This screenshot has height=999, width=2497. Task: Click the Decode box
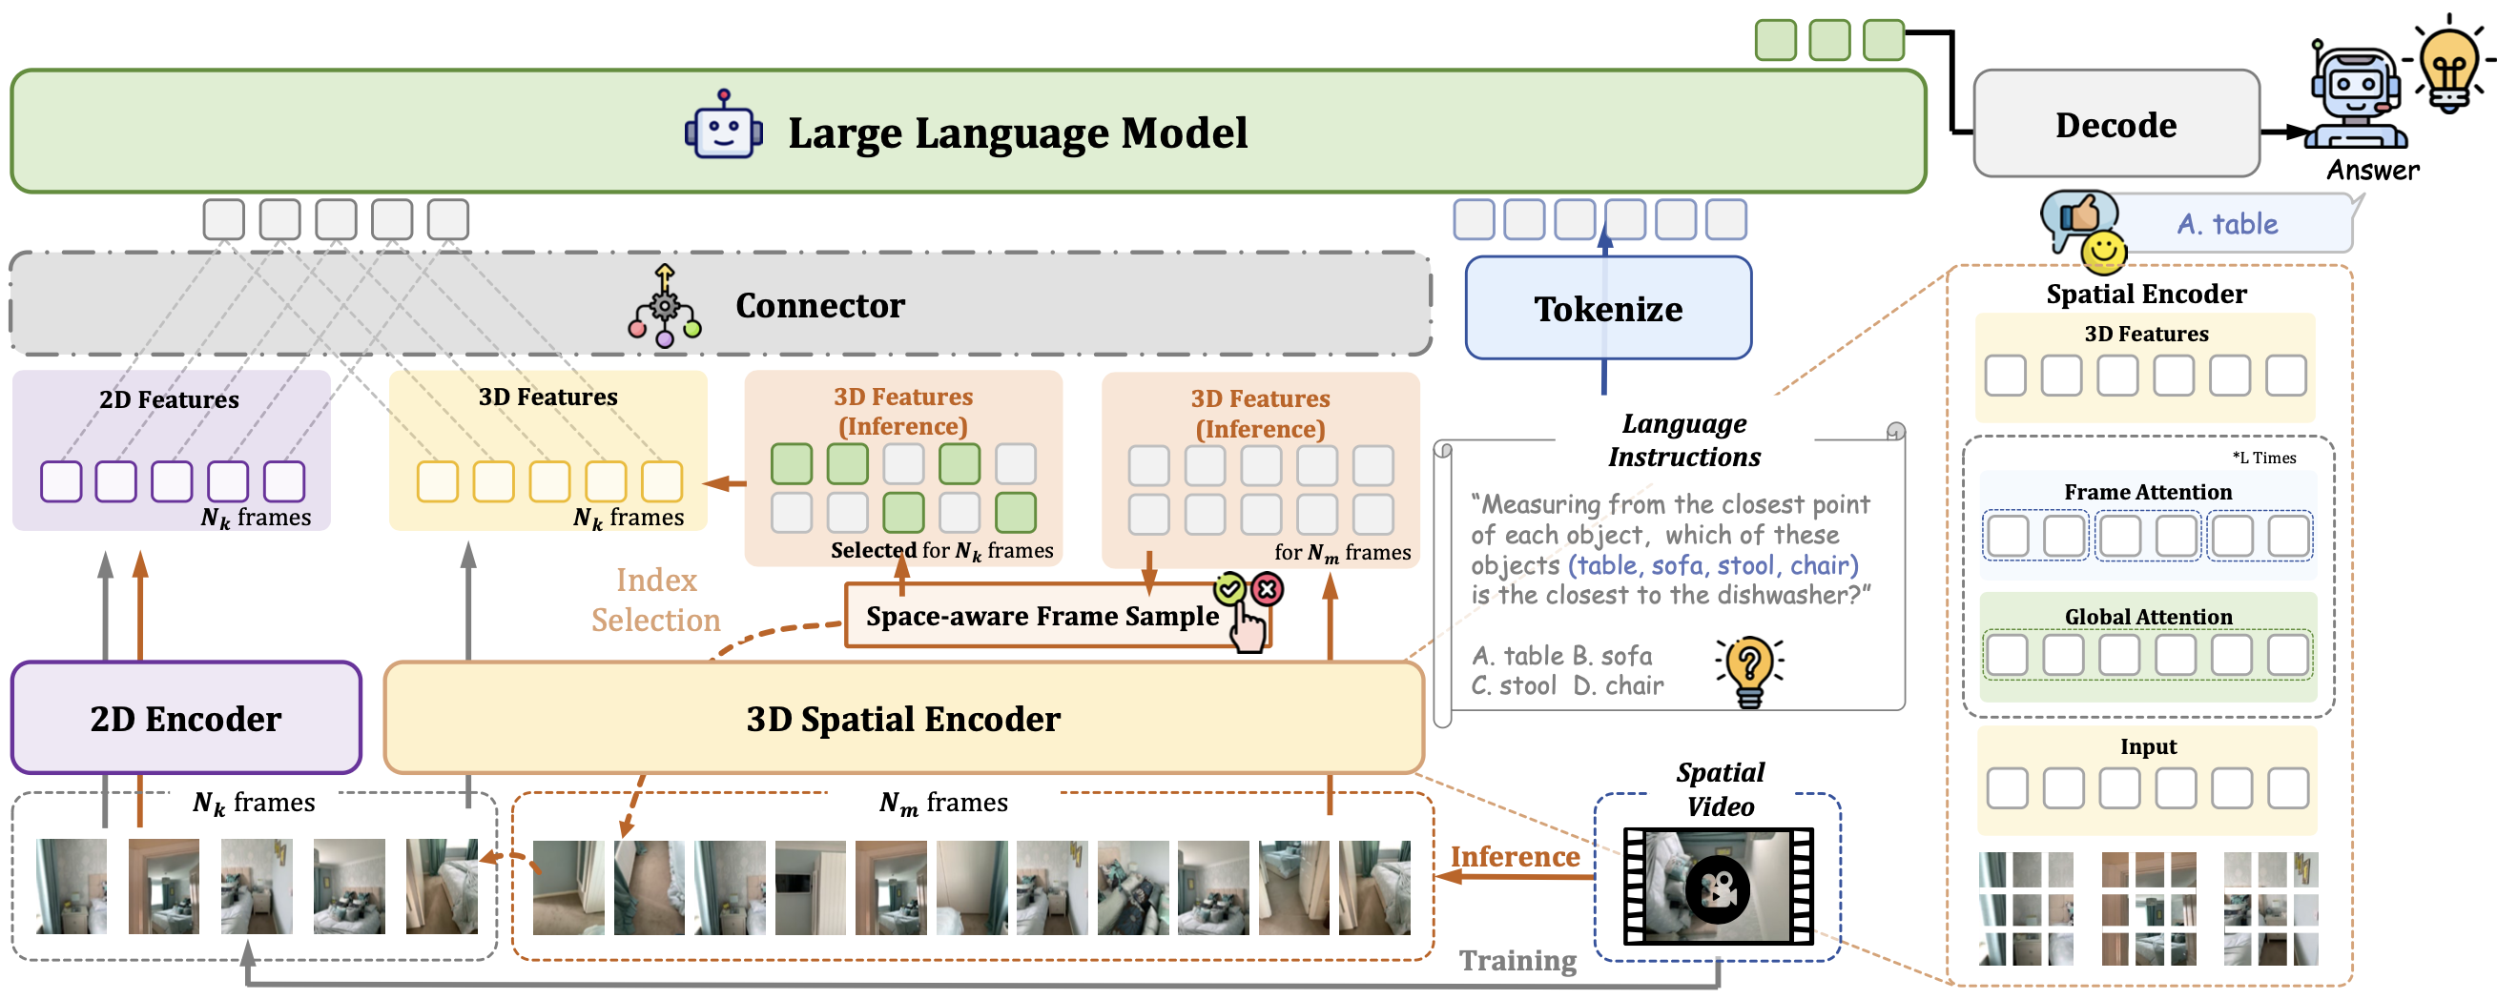click(x=2116, y=124)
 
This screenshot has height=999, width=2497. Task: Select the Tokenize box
click(x=1608, y=308)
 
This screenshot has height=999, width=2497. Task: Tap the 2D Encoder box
click(x=185, y=718)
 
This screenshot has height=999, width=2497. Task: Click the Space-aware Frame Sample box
click(x=1042, y=616)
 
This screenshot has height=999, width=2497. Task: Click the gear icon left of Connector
click(x=664, y=307)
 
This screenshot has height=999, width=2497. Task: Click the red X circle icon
click(x=1267, y=588)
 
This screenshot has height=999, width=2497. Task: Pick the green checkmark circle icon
click(x=1230, y=588)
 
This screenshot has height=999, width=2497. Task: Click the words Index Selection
click(x=656, y=600)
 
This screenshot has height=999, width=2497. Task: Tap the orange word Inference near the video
click(x=1514, y=857)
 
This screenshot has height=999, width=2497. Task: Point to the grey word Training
click(x=1517, y=960)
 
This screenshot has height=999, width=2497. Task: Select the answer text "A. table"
click(x=2226, y=224)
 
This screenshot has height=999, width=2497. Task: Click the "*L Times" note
click(x=2263, y=458)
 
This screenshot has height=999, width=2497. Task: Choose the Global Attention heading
click(x=2148, y=616)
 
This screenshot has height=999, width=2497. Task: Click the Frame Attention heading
click(x=2148, y=492)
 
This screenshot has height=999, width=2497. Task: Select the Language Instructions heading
click(x=1684, y=439)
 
